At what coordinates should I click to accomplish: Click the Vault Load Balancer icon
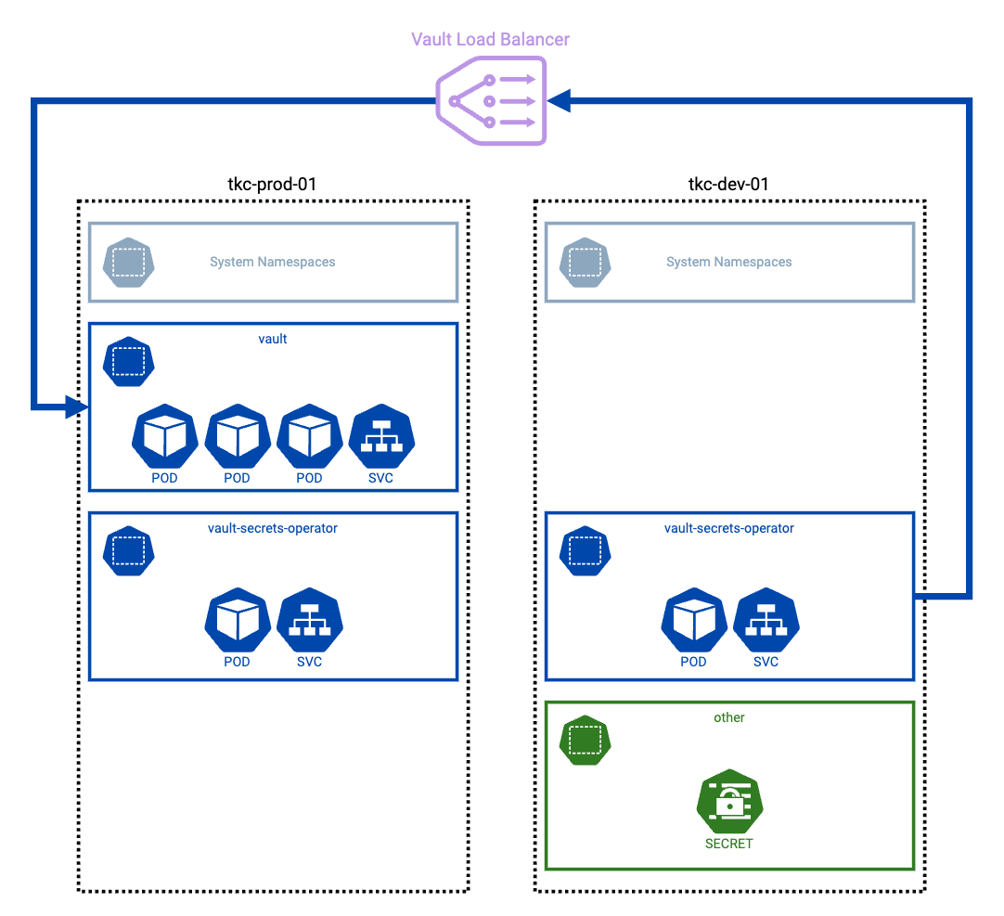491,100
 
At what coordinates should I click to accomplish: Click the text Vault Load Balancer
490,39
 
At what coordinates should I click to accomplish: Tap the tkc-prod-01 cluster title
272,184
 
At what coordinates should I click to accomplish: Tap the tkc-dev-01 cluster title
728,184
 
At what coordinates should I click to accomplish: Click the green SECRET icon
729,802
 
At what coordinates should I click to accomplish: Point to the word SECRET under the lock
729,844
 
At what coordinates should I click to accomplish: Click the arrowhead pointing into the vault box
77,406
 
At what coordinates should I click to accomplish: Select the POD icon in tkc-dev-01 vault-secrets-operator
694,620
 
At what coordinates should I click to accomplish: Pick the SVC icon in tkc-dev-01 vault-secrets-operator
766,620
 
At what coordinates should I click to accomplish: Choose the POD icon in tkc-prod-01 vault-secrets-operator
238,620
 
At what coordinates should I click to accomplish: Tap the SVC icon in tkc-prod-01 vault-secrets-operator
310,620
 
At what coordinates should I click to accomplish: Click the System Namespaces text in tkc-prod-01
272,262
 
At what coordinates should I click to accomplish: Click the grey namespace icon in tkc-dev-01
584,263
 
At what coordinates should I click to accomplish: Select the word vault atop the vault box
273,339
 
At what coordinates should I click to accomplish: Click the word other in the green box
729,717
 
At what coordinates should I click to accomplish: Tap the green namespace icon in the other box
584,740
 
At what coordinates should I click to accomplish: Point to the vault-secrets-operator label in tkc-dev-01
729,528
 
